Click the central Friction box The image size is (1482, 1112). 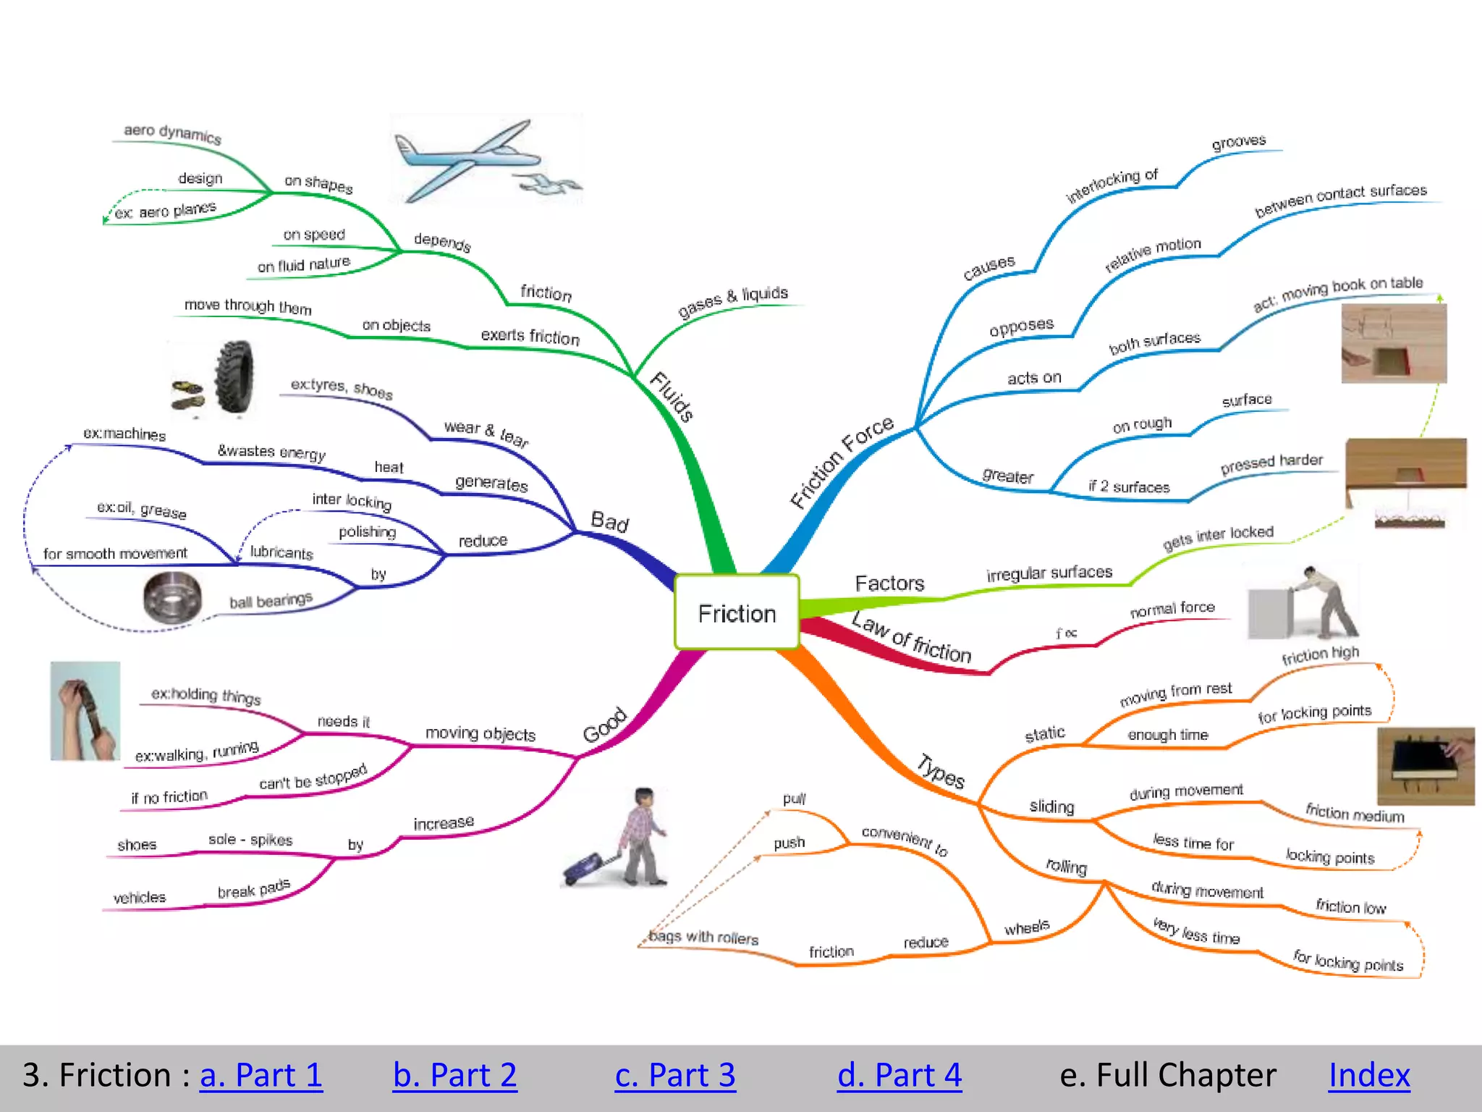[737, 612]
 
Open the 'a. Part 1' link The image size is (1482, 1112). [261, 1075]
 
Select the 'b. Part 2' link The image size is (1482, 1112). [454, 1075]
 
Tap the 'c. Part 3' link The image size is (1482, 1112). [674, 1075]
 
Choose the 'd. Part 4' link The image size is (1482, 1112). [899, 1075]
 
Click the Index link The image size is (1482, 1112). [1369, 1075]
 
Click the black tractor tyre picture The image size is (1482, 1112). [234, 377]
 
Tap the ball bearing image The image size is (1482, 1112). [172, 598]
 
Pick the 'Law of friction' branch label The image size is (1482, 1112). [912, 638]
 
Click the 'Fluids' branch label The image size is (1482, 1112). [672, 396]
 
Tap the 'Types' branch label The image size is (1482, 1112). [941, 771]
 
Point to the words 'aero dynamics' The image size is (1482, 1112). [172, 133]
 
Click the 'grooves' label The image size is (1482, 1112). [1238, 142]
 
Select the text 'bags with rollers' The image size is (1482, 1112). [703, 937]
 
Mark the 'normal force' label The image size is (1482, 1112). [1172, 609]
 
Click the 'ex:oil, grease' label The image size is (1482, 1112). [142, 510]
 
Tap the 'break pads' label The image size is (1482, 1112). [253, 889]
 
